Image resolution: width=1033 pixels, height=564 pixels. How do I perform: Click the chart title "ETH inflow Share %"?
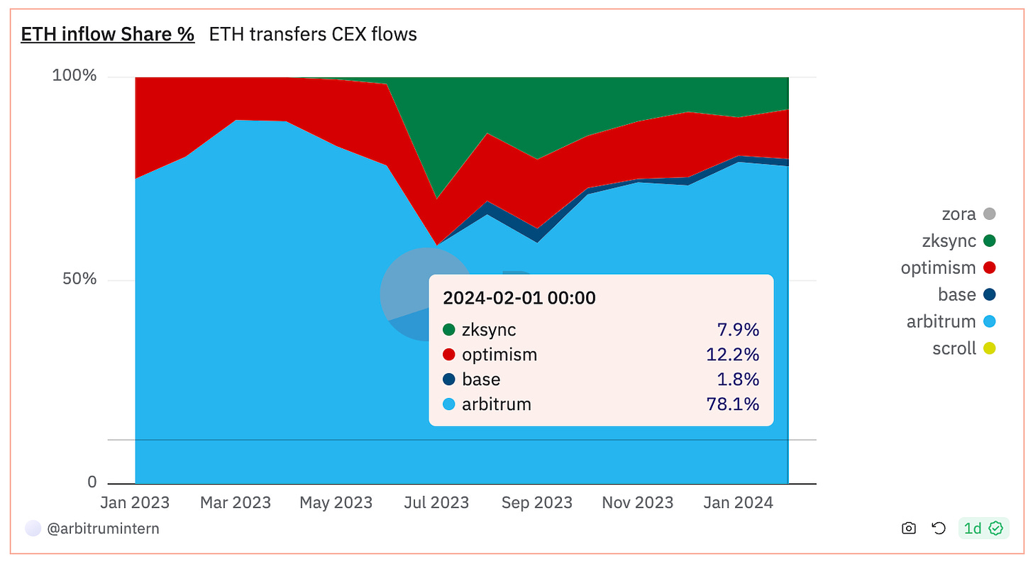(108, 34)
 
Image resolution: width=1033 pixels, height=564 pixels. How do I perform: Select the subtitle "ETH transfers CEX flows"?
(313, 34)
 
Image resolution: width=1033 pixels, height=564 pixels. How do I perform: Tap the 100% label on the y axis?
(74, 76)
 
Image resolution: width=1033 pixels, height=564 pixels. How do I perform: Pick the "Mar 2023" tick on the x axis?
(235, 503)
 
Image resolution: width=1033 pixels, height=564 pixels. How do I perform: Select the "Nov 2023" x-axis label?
(637, 503)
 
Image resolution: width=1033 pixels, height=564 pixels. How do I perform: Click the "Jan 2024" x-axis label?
(738, 503)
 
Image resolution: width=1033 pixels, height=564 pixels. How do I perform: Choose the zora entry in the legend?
(959, 214)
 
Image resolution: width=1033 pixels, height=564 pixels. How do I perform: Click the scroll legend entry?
(954, 348)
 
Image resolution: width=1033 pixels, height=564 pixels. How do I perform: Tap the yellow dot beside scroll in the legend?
(989, 348)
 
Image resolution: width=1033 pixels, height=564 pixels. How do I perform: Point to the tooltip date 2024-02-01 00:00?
(519, 298)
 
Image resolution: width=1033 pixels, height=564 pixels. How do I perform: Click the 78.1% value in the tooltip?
(733, 404)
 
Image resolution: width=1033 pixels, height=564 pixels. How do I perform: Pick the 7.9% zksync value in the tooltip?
(738, 329)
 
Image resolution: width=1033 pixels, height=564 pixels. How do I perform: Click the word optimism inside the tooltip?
(499, 354)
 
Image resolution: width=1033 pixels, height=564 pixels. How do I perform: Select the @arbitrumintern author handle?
(103, 529)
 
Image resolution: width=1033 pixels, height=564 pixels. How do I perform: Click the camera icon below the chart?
(908, 529)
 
